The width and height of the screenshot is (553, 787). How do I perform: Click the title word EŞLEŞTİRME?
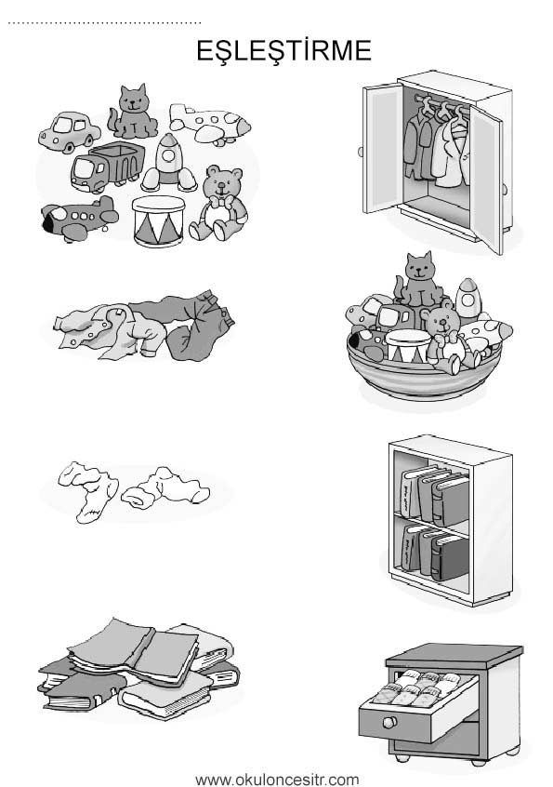coord(283,50)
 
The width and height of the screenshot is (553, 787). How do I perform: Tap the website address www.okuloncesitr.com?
coord(277,780)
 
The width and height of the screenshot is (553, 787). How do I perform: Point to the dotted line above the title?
coord(104,22)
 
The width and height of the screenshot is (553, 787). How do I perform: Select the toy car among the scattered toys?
coord(69,132)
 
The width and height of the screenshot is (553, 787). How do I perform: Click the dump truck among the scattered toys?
coord(107,167)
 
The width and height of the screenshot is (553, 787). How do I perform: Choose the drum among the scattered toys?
coord(159,220)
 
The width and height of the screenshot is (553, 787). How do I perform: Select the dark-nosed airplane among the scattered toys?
coord(79,219)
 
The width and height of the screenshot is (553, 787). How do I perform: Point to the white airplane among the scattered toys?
coord(209,124)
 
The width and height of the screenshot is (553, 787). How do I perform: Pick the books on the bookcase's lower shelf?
coord(434,552)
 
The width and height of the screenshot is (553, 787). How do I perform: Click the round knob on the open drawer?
coord(388,723)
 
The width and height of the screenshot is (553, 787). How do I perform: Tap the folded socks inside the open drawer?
coord(422,687)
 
